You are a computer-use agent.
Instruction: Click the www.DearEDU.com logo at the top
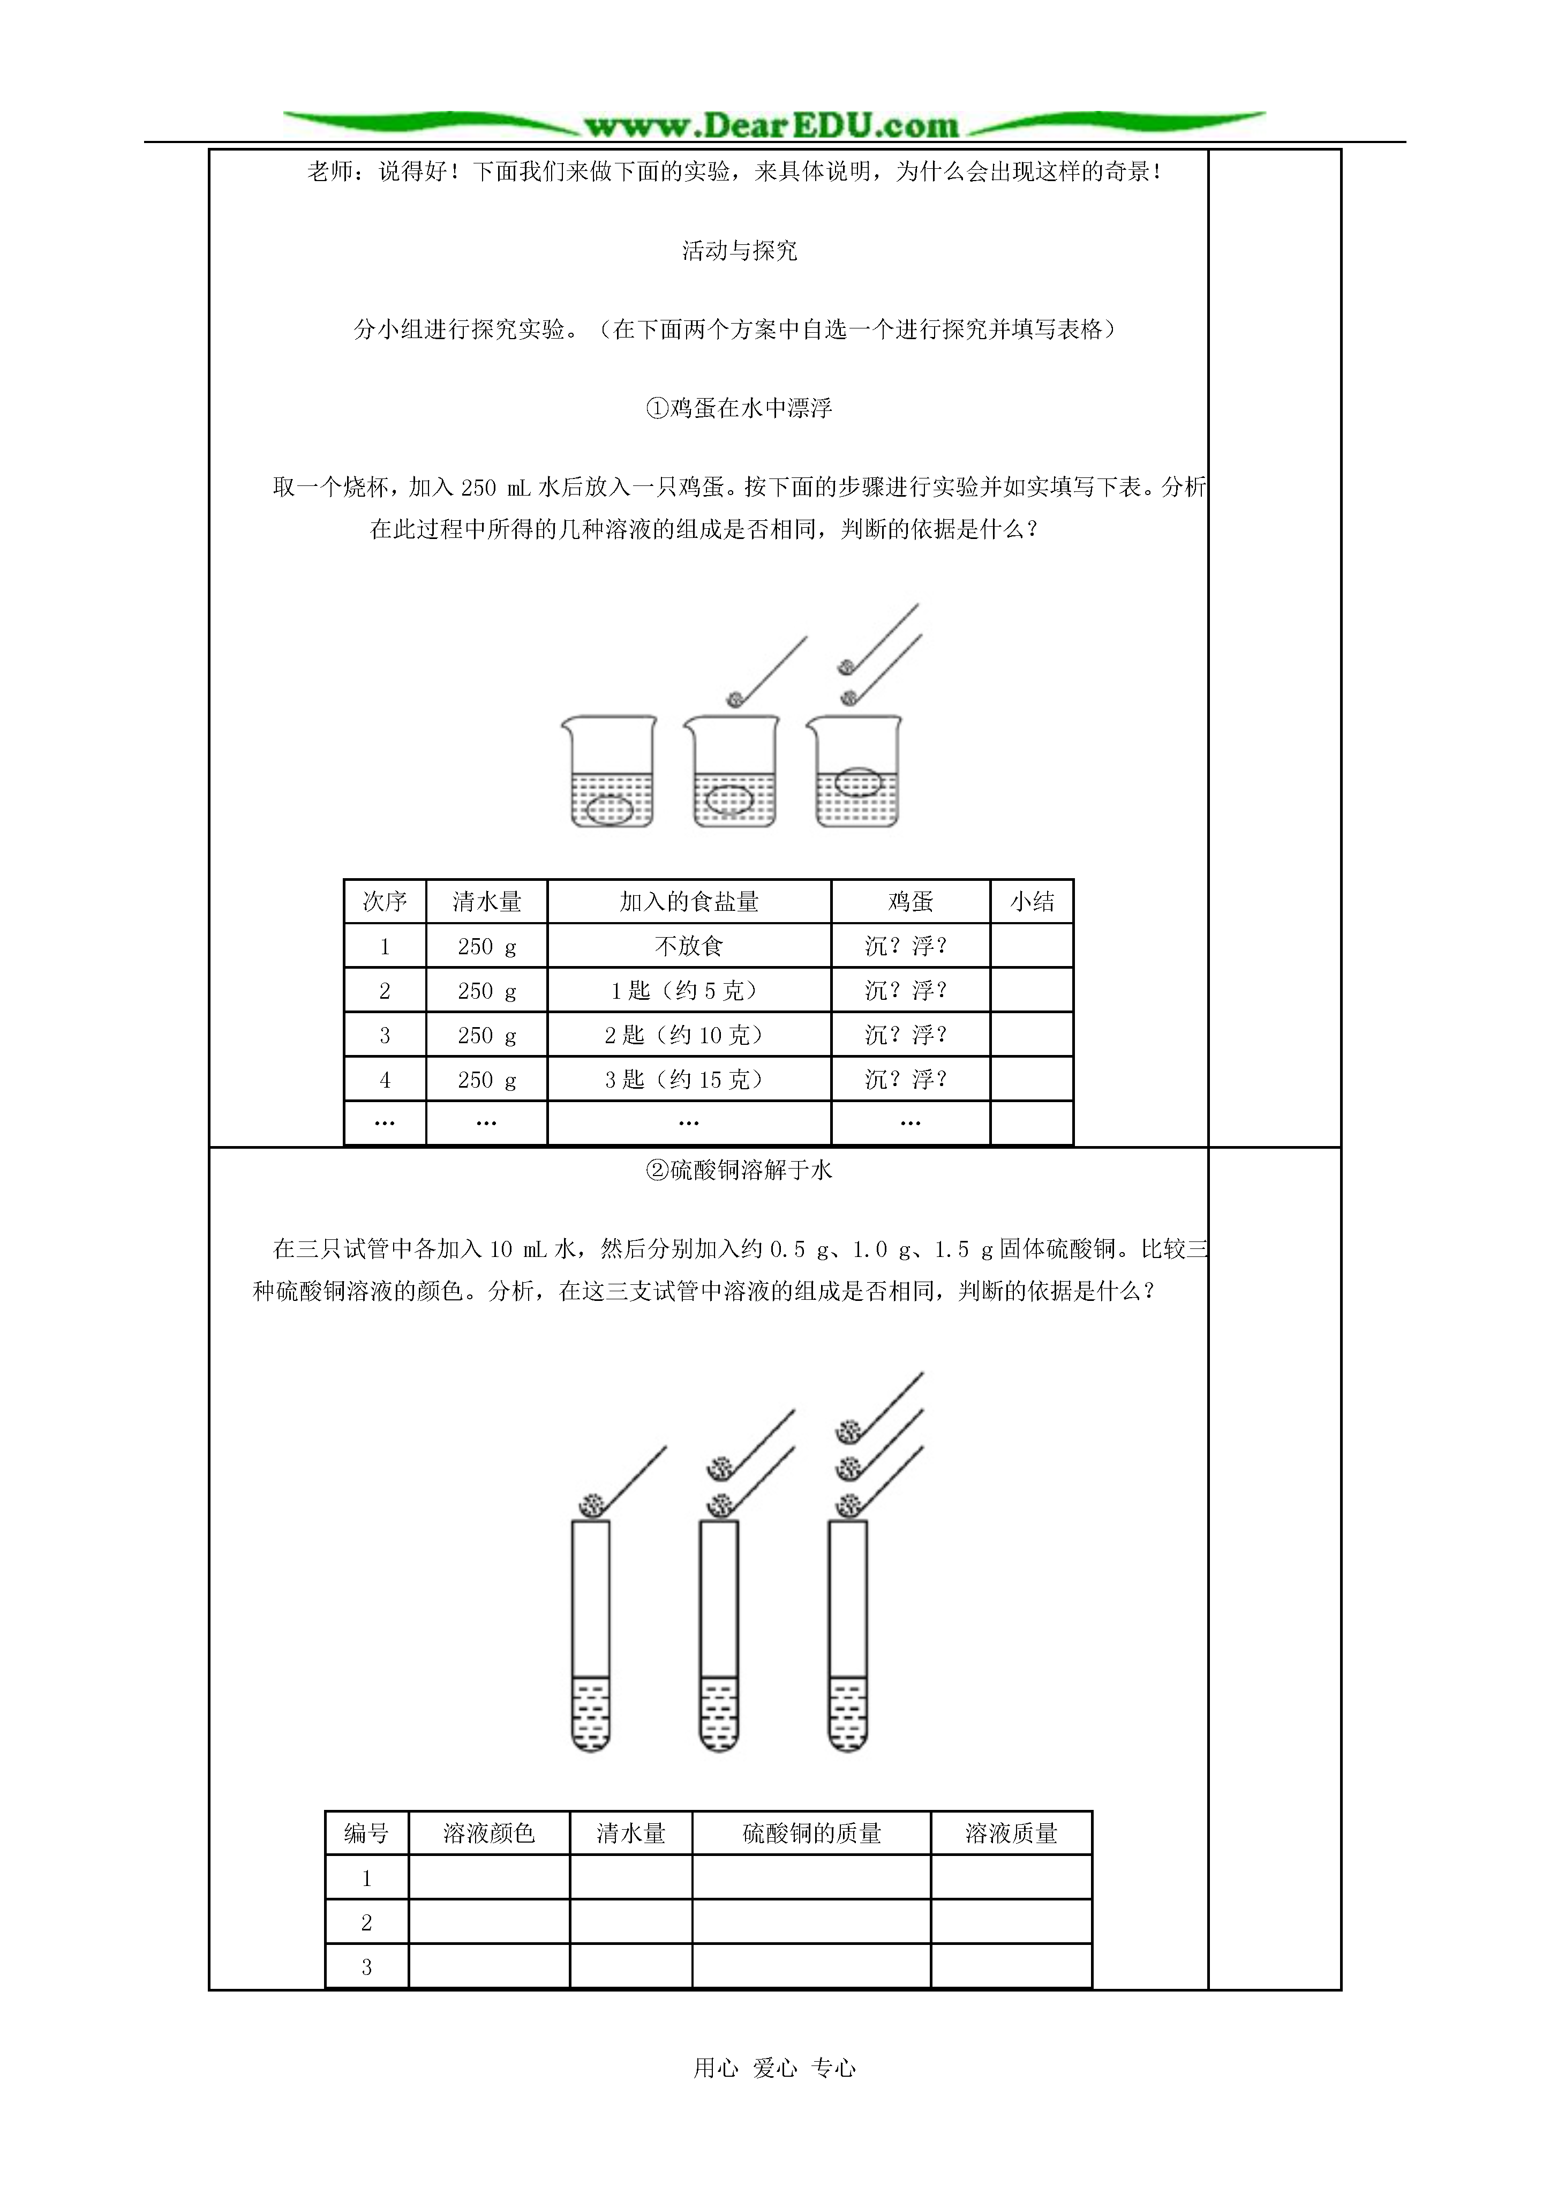click(772, 124)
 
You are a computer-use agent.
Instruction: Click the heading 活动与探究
click(739, 250)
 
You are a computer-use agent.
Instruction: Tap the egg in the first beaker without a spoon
click(608, 810)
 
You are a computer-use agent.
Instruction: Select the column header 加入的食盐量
click(689, 902)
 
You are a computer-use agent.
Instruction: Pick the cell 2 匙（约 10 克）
click(689, 1035)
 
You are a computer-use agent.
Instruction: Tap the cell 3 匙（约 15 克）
click(689, 1079)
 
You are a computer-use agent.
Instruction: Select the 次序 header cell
click(385, 902)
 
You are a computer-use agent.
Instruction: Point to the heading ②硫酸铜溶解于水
click(739, 1170)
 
